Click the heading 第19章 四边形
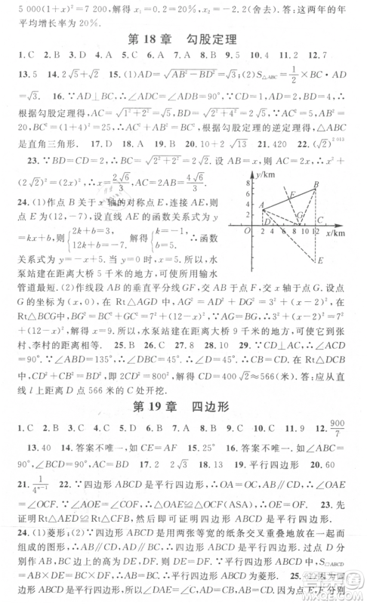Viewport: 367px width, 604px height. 183,411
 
